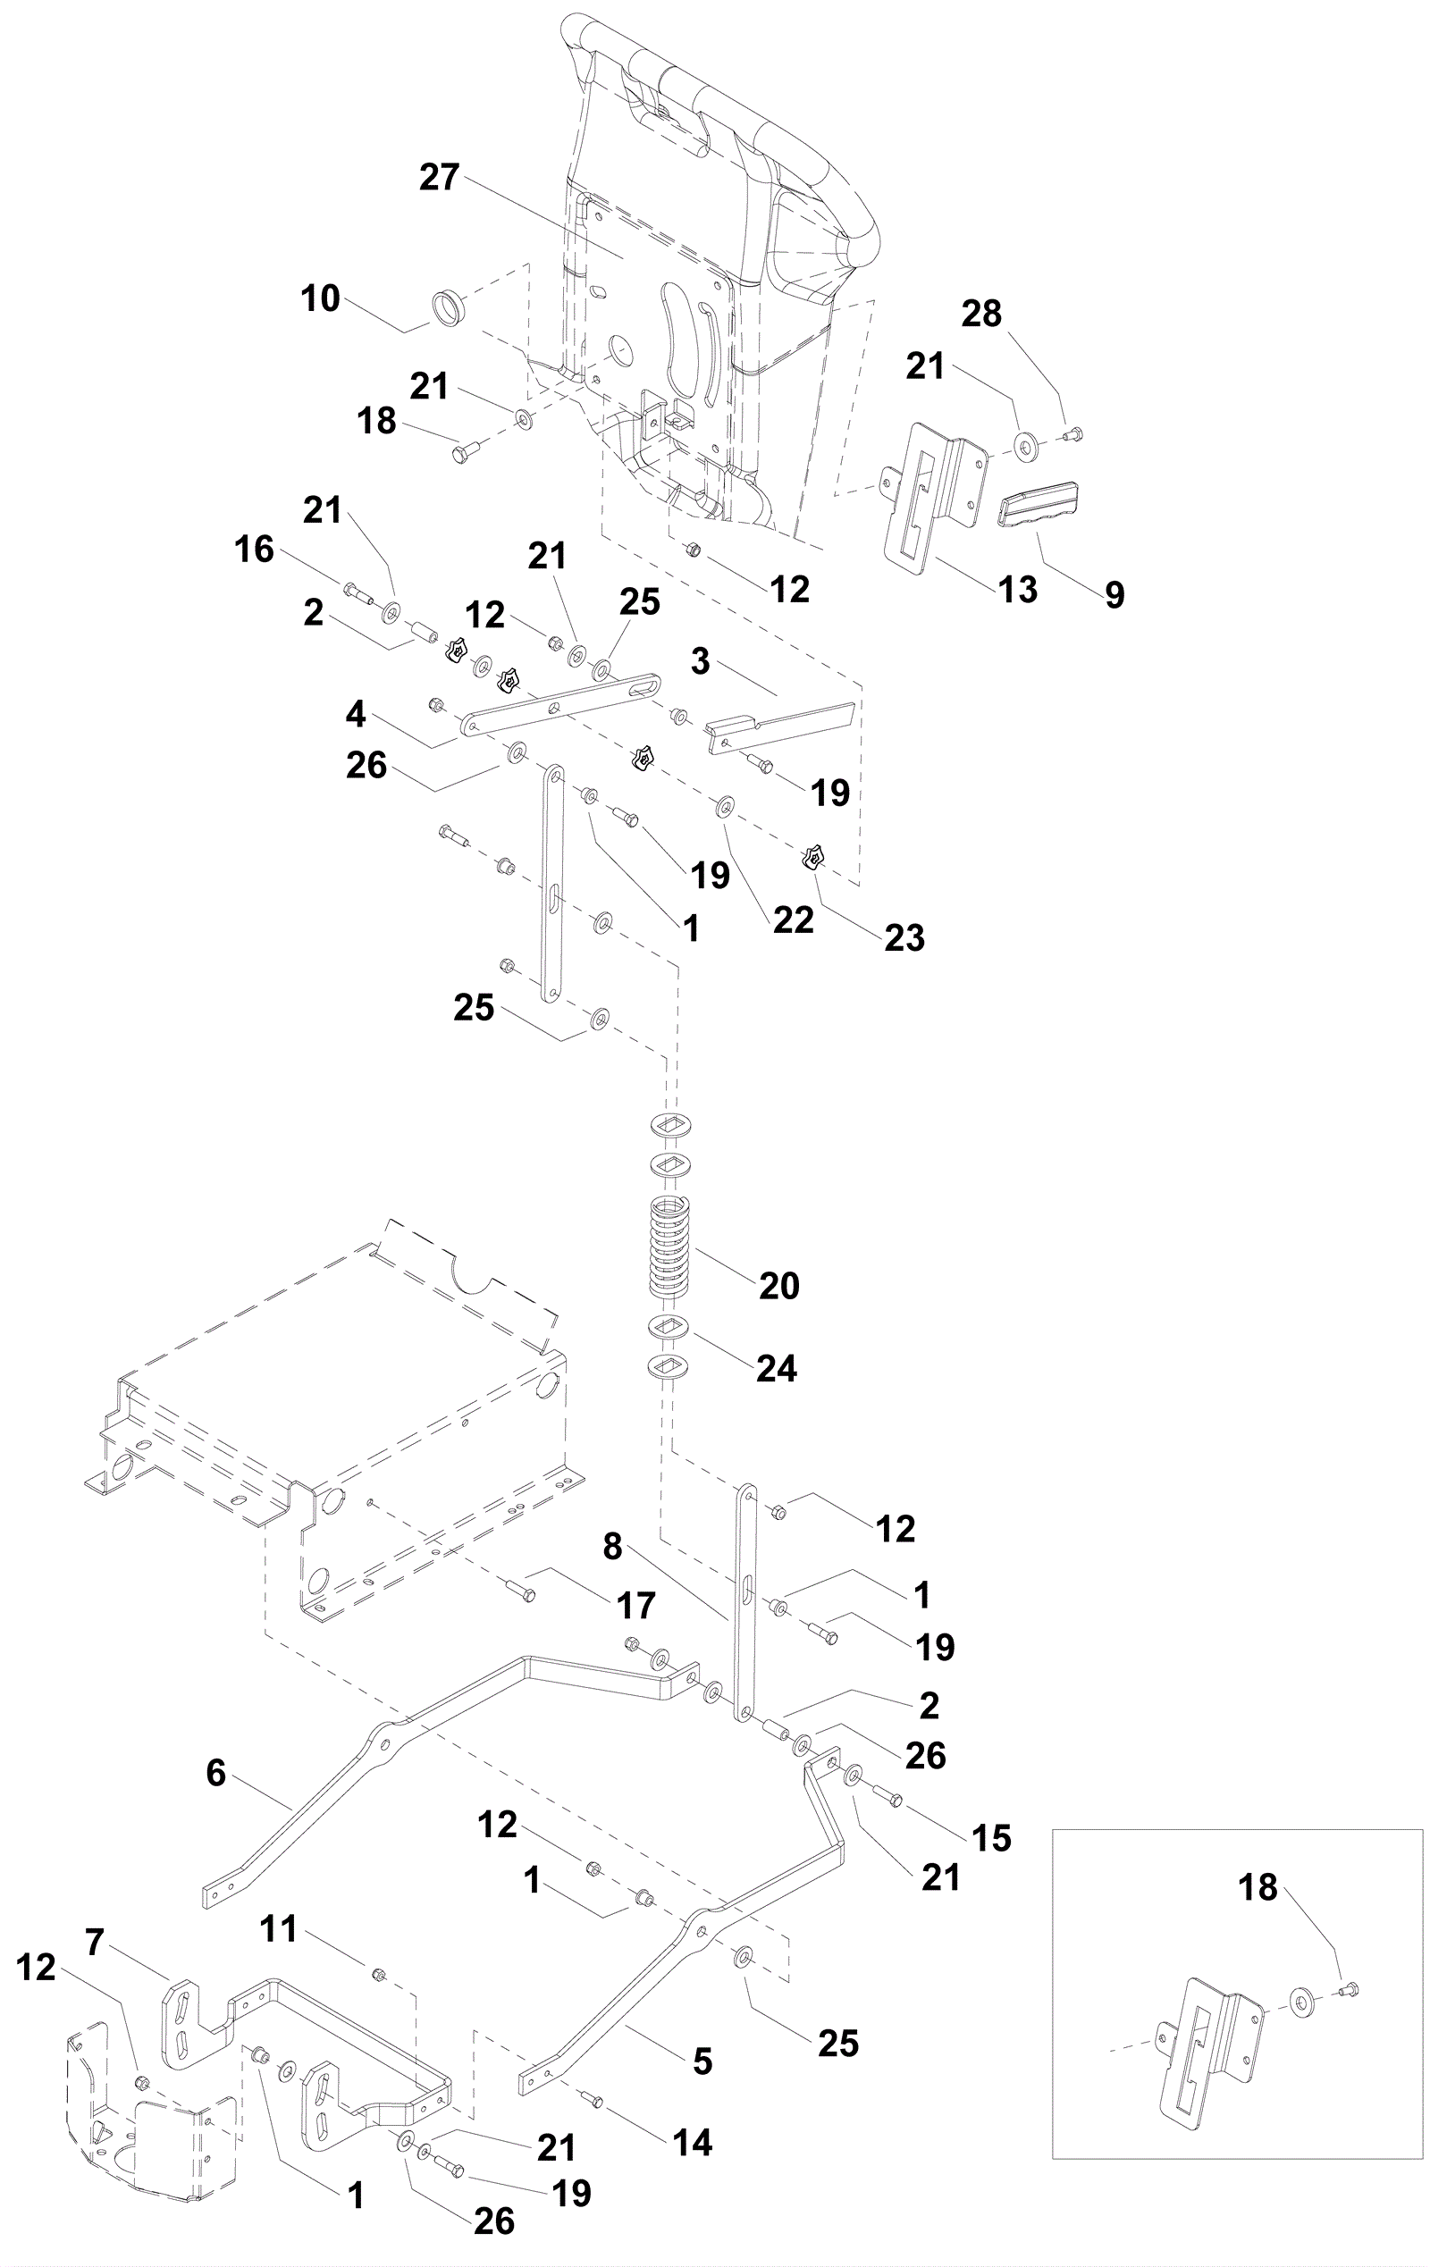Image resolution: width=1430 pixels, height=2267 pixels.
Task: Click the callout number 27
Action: point(440,178)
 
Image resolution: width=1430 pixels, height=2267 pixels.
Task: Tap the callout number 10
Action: point(320,298)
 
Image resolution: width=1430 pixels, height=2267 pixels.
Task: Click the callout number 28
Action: point(981,314)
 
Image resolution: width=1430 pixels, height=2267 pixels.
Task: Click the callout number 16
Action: point(254,549)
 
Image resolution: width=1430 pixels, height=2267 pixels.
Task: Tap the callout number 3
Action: point(700,662)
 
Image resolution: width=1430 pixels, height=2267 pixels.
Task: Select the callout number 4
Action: point(356,715)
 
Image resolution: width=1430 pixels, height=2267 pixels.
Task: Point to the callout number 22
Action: point(793,919)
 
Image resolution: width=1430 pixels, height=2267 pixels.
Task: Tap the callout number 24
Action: point(777,1368)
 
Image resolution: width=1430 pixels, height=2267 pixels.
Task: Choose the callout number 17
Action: point(636,1605)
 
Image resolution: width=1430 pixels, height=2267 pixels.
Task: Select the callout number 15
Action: point(991,1838)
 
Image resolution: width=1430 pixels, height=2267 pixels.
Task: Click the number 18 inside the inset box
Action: point(1258,1887)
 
